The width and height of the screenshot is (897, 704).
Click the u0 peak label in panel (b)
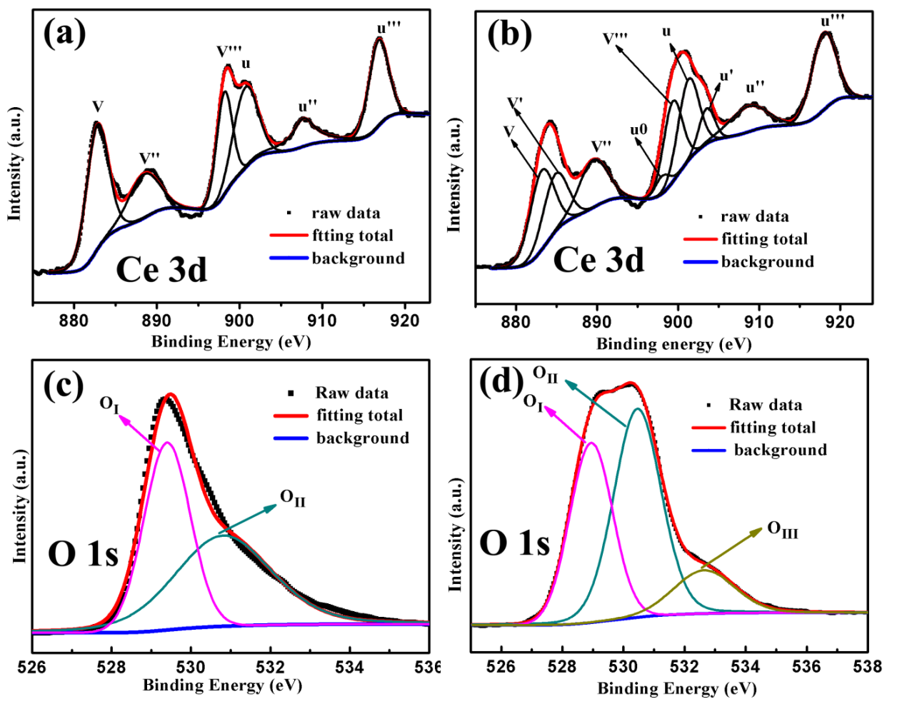point(639,130)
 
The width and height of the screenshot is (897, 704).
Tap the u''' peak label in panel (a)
point(389,27)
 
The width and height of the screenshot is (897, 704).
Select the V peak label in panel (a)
point(98,107)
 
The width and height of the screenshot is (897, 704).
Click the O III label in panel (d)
point(783,530)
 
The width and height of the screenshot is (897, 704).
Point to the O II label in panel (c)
point(293,498)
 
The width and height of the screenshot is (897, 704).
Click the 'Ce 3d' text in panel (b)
point(598,260)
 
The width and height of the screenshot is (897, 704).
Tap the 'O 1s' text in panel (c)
point(83,554)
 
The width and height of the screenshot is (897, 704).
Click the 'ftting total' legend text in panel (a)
point(352,236)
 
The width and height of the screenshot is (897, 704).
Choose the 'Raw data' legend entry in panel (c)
point(352,393)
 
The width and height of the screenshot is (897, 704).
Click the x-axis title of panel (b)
point(674,344)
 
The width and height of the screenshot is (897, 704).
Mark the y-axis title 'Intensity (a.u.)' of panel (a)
point(15,164)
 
